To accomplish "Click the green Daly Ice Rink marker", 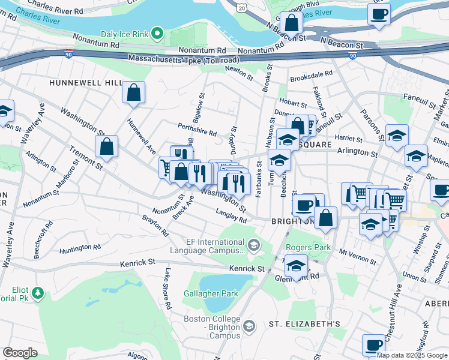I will [157, 33].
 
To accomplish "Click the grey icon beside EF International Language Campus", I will [254, 244].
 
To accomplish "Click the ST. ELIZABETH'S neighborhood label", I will [304, 324].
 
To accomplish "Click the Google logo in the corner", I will [20, 352].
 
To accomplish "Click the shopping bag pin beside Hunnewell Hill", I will [134, 93].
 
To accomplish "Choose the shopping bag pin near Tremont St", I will [106, 146].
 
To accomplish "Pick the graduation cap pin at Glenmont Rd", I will [296, 266].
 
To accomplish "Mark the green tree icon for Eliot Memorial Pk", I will [38, 293].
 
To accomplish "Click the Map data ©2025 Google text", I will [412, 355].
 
